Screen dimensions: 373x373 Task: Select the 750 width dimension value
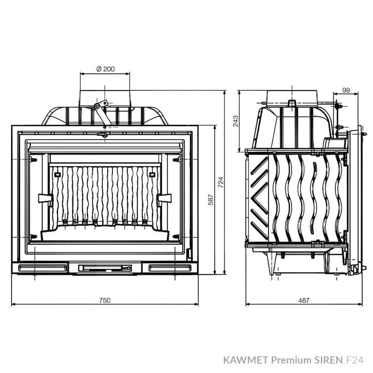point(104,300)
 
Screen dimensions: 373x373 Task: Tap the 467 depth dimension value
point(304,300)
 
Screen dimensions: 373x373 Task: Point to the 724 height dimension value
point(220,181)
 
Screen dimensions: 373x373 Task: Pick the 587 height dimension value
point(210,200)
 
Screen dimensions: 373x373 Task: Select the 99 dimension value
point(347,91)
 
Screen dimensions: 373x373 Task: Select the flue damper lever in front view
point(100,112)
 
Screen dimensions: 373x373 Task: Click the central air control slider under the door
point(104,267)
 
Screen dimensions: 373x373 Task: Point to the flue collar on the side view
point(292,96)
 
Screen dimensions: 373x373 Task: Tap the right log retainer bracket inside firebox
point(165,198)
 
